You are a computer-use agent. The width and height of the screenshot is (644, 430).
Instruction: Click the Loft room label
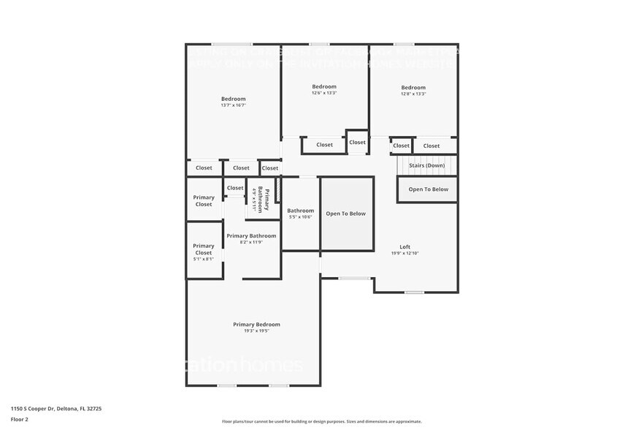[x=405, y=246]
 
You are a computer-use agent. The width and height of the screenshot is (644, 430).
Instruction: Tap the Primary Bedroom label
[x=256, y=325]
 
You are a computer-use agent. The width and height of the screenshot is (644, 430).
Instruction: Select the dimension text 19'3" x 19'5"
[x=256, y=331]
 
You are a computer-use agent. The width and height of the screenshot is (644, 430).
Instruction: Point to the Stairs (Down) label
[x=427, y=165]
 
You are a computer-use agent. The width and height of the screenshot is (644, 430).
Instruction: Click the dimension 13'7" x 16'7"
[x=233, y=105]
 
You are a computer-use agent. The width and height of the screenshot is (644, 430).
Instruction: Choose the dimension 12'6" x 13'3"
[x=324, y=93]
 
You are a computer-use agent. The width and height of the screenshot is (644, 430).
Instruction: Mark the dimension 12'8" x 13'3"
[x=413, y=94]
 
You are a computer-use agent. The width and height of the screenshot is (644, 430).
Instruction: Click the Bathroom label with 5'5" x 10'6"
[x=300, y=211]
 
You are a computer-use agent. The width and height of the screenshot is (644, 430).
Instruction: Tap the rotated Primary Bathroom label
[x=267, y=200]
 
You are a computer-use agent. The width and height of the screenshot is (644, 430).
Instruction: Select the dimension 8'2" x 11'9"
[x=251, y=242]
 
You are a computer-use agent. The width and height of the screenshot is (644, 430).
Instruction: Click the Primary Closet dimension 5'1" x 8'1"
[x=204, y=259]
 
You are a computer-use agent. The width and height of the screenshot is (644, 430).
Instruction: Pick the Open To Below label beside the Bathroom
[x=345, y=214]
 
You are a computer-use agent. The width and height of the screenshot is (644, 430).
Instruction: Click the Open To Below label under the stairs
[x=428, y=189]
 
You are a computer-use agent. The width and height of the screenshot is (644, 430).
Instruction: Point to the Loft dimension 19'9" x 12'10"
[x=405, y=253]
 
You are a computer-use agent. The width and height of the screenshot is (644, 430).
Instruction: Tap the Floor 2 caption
[x=20, y=420]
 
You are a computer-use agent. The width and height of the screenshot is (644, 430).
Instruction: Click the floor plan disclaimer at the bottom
[x=321, y=421]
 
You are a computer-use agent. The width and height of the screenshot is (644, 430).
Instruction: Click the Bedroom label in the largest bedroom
[x=233, y=99]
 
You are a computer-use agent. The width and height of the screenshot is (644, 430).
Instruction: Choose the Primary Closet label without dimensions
[x=204, y=200]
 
